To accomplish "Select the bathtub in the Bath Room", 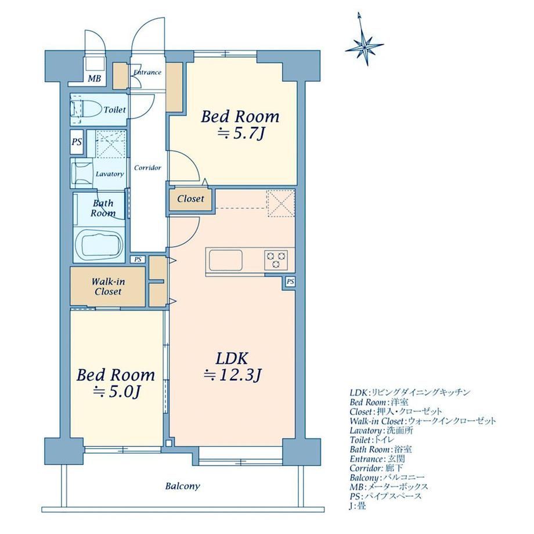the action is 99,244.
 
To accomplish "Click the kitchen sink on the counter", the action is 226,260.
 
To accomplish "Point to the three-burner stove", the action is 276,260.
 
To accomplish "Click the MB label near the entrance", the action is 95,79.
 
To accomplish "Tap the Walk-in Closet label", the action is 108,286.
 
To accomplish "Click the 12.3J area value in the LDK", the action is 232,376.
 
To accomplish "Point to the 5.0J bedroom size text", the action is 117,392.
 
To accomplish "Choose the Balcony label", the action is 182,486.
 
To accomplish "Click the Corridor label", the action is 147,168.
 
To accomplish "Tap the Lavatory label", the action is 110,174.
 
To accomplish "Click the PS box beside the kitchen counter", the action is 290,282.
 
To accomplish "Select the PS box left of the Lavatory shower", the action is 77,141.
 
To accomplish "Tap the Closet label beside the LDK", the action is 191,199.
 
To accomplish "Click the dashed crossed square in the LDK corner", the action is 280,203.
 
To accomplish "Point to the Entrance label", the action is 147,72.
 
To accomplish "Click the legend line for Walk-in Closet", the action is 423,421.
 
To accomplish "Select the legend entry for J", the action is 358,506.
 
